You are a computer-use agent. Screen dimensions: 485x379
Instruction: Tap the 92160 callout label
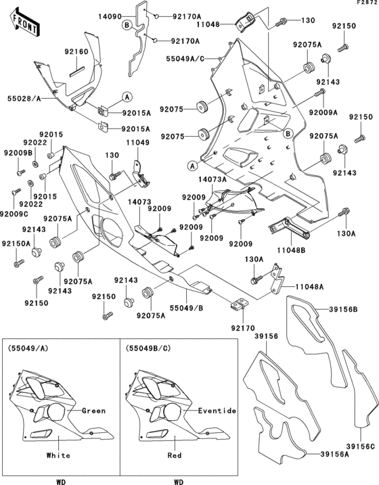point(76,51)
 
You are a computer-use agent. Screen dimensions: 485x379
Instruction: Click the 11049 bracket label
point(138,143)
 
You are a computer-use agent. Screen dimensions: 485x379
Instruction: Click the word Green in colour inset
point(93,411)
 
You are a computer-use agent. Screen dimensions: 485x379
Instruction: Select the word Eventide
point(217,411)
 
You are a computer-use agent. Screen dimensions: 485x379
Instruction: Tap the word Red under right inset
point(176,456)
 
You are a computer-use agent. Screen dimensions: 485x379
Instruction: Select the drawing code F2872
point(366,3)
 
